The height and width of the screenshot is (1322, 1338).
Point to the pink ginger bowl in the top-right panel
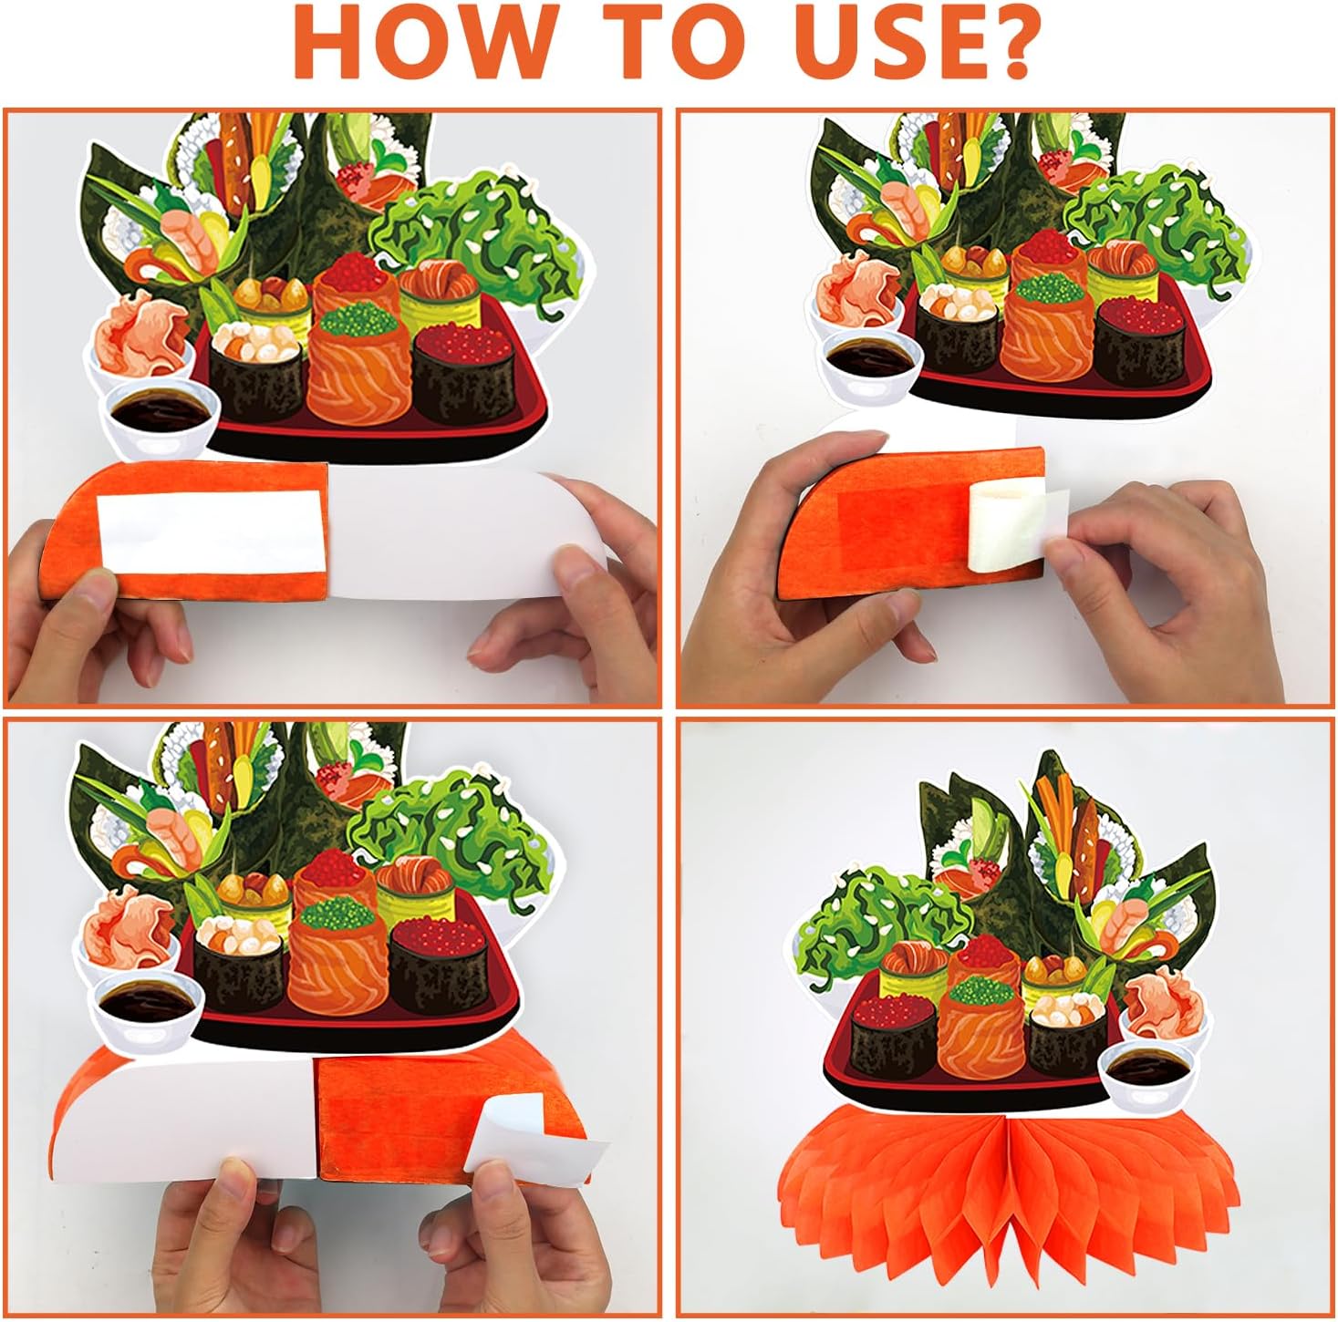point(859,292)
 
